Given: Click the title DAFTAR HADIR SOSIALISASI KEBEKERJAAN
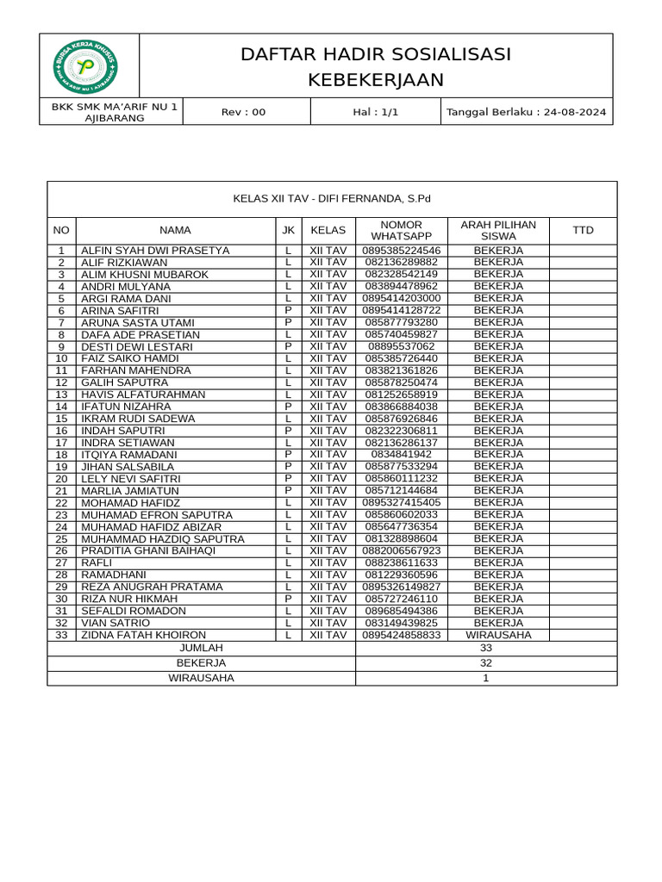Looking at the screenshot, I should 376,67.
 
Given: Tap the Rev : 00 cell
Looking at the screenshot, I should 244,112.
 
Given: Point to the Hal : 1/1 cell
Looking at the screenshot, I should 375,112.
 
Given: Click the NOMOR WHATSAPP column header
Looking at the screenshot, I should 401,230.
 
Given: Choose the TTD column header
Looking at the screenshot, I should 583,230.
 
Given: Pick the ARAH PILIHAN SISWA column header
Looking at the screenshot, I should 498,230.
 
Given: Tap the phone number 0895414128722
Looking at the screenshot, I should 401,311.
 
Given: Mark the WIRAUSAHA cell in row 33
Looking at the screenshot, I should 498,635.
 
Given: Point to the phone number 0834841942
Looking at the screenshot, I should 401,455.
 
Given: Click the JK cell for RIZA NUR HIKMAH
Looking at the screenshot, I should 288,599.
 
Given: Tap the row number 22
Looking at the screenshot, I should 61,503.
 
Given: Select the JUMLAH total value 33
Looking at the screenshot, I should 485,648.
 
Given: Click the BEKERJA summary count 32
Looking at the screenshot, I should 485,663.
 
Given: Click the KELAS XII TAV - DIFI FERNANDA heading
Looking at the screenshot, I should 332,199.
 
